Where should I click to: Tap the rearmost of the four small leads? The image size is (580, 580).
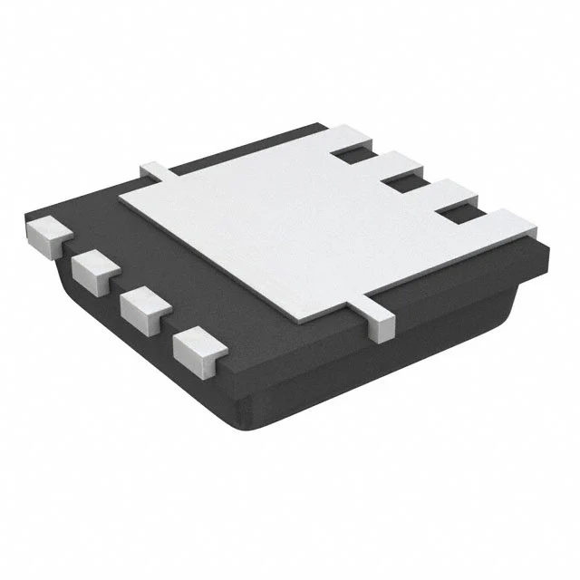[x=47, y=234]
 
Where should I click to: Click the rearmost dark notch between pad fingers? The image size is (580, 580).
[x=349, y=156]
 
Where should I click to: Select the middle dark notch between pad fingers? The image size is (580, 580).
[x=401, y=185]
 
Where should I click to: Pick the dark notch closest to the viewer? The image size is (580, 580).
[x=459, y=216]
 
